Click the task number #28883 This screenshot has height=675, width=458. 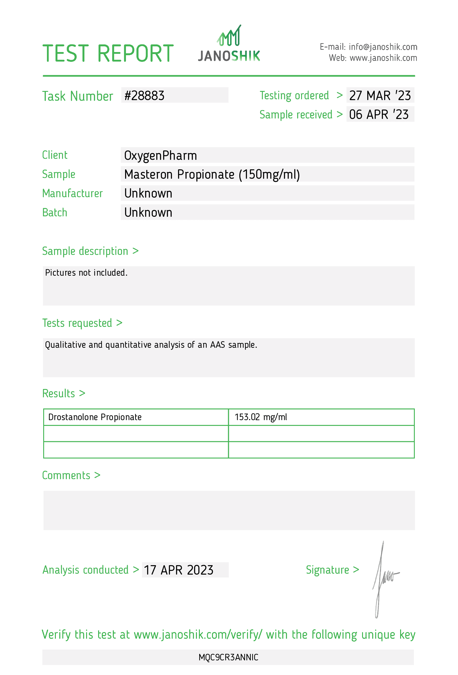[x=145, y=96]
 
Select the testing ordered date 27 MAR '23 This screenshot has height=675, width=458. [x=380, y=96]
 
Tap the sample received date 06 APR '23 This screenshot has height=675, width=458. [x=379, y=114]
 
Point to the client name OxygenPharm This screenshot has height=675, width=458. [x=160, y=155]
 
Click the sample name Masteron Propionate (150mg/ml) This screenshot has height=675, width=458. [x=212, y=174]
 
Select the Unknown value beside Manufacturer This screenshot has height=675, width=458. [x=148, y=193]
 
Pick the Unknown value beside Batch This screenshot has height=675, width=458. [x=148, y=213]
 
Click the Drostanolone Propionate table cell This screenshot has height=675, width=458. [x=95, y=417]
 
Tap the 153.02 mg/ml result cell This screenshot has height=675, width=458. [x=261, y=417]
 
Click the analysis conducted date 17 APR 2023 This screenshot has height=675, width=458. [x=179, y=570]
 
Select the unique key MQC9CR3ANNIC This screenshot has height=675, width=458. [x=228, y=657]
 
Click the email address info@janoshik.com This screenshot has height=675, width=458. [x=383, y=47]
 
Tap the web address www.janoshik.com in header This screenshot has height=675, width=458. [x=383, y=58]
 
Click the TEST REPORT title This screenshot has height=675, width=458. [x=108, y=54]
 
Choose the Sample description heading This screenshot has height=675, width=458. [x=90, y=251]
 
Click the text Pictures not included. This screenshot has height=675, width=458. [x=86, y=273]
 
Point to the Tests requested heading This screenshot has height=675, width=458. [x=82, y=323]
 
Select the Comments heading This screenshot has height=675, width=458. [x=71, y=475]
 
